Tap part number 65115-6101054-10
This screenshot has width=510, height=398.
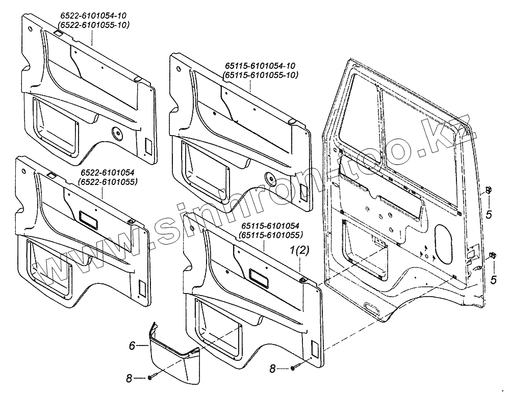(260, 67)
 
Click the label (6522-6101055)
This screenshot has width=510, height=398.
(107, 182)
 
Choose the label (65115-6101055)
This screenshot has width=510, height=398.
(270, 235)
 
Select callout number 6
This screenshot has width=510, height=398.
(132, 345)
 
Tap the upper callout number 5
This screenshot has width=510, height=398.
(488, 215)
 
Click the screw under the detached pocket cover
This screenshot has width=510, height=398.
(151, 378)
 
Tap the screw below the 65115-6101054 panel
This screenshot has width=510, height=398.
(293, 367)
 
